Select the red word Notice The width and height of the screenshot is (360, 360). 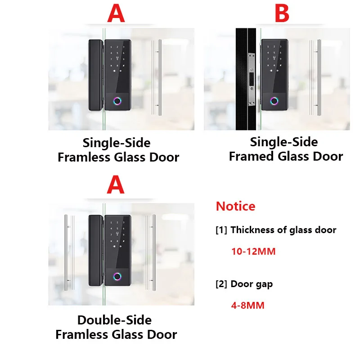(235, 206)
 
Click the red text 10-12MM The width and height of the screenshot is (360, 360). (253, 252)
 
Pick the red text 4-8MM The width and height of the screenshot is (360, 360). (247, 306)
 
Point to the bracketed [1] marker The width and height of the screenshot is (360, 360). (221, 230)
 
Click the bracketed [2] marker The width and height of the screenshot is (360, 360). (221, 284)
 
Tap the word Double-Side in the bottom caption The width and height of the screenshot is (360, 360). (114, 320)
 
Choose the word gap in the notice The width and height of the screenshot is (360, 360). (264, 284)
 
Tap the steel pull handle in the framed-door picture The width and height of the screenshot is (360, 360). (315, 79)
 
